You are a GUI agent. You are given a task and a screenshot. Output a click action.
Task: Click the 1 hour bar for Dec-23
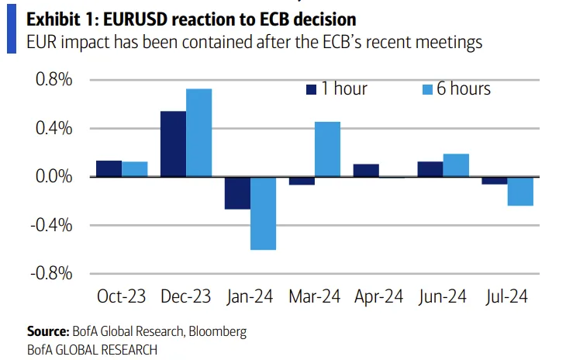[x=173, y=144]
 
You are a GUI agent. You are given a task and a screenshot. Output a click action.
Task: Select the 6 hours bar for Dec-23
[x=198, y=133]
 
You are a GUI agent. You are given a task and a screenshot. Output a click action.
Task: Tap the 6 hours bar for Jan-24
[x=263, y=213]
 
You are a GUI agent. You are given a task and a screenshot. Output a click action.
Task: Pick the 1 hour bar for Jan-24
[x=237, y=193]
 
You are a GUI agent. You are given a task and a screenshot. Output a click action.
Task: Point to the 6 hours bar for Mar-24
[x=327, y=149]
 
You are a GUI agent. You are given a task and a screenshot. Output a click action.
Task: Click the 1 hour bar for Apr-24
[x=366, y=171]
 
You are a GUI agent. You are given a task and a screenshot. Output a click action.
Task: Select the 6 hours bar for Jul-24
[x=520, y=191]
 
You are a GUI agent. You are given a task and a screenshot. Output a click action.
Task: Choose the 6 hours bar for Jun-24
[x=456, y=165]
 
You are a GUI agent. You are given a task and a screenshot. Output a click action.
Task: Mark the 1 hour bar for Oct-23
[x=109, y=168]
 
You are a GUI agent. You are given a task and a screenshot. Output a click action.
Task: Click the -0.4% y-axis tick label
[x=51, y=225]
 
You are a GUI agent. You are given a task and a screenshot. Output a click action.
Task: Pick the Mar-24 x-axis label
[x=315, y=296]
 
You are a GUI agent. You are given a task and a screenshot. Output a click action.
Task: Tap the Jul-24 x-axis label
[x=507, y=296]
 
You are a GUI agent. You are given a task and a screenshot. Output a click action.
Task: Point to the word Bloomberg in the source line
[x=216, y=331]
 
